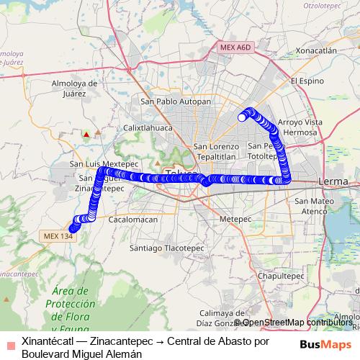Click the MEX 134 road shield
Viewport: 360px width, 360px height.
[x=58, y=235]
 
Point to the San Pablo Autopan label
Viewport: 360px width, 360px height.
[x=176, y=102]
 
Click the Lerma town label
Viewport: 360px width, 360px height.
[x=332, y=179]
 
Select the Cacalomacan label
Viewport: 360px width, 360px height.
[x=132, y=219]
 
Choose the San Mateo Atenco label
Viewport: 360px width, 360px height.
[x=311, y=206]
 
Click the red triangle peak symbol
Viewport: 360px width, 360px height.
[x=86, y=133]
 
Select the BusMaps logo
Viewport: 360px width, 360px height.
[x=325, y=344]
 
